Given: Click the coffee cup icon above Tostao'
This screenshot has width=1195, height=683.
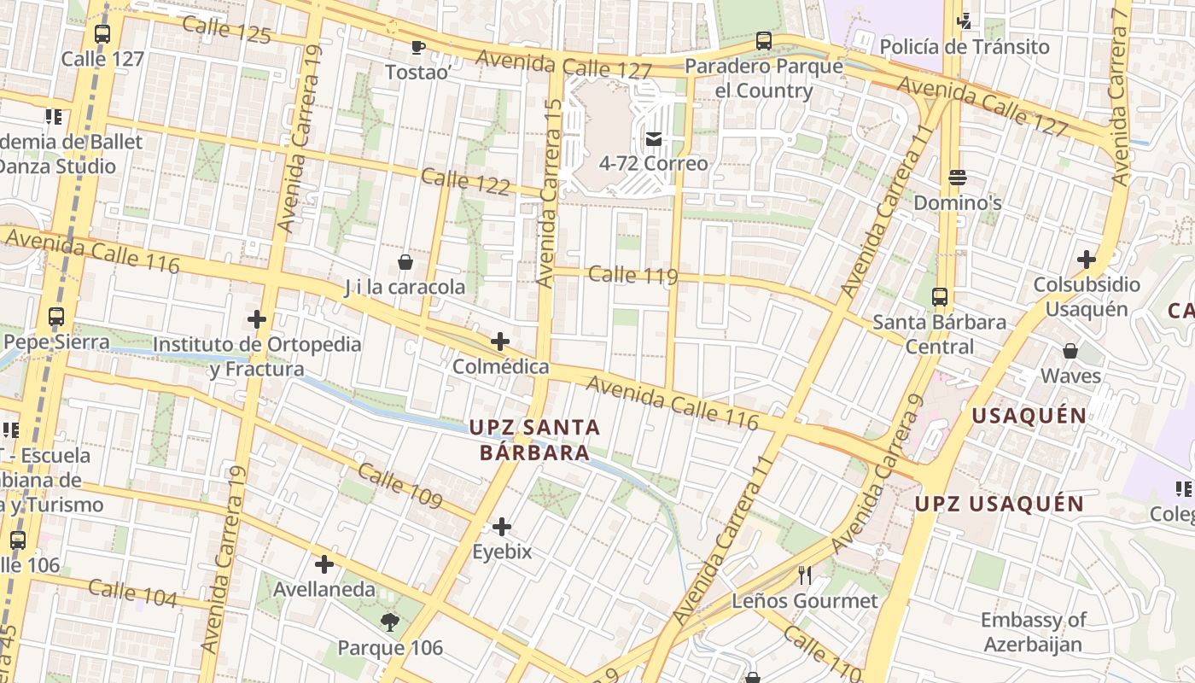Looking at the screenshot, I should click(417, 47).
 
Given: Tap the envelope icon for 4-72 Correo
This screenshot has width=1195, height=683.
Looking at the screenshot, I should click(654, 138).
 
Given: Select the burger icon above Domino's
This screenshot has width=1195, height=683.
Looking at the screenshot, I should click(957, 178).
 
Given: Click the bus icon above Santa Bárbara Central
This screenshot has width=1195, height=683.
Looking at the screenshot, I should click(940, 297).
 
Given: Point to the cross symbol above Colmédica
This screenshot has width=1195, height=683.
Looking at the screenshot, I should click(500, 342).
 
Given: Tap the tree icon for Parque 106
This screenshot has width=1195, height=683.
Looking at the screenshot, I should click(390, 622).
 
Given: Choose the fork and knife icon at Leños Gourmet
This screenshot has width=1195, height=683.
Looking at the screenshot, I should click(804, 575).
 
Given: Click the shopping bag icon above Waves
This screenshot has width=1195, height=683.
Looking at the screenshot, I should click(1070, 351).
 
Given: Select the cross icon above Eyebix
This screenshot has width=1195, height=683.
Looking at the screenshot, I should click(502, 527).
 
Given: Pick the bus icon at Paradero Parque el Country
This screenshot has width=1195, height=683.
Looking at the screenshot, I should click(764, 41).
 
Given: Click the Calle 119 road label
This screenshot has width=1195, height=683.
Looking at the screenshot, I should click(632, 274).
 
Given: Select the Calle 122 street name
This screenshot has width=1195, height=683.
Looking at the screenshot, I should click(465, 181).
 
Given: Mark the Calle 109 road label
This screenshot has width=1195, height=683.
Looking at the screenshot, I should click(399, 486).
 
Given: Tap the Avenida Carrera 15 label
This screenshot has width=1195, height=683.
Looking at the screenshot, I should click(548, 192).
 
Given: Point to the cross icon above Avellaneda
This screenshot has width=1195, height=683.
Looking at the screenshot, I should click(324, 564).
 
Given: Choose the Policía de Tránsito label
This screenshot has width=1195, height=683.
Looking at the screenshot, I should click(965, 46).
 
